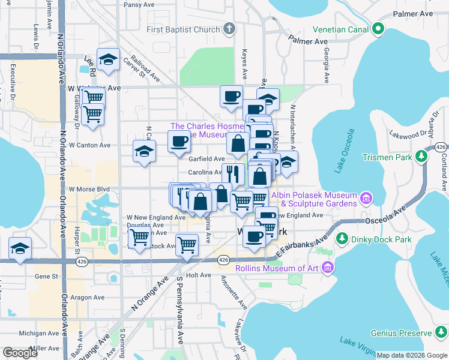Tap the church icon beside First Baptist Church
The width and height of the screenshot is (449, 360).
[x=229, y=29]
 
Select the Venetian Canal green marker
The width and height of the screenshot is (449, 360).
[x=378, y=29]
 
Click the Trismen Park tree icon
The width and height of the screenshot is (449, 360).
[x=422, y=157]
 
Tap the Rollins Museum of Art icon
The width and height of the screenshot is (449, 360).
[x=328, y=268]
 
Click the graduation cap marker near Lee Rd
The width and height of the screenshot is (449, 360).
[x=108, y=59]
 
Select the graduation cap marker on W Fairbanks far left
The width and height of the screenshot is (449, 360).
[x=20, y=249]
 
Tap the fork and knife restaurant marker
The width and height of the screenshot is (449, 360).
[x=233, y=174]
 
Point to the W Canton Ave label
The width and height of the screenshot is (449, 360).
[x=89, y=145]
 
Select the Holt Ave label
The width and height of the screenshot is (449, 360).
[x=199, y=275]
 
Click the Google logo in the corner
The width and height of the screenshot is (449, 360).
[x=20, y=353]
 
